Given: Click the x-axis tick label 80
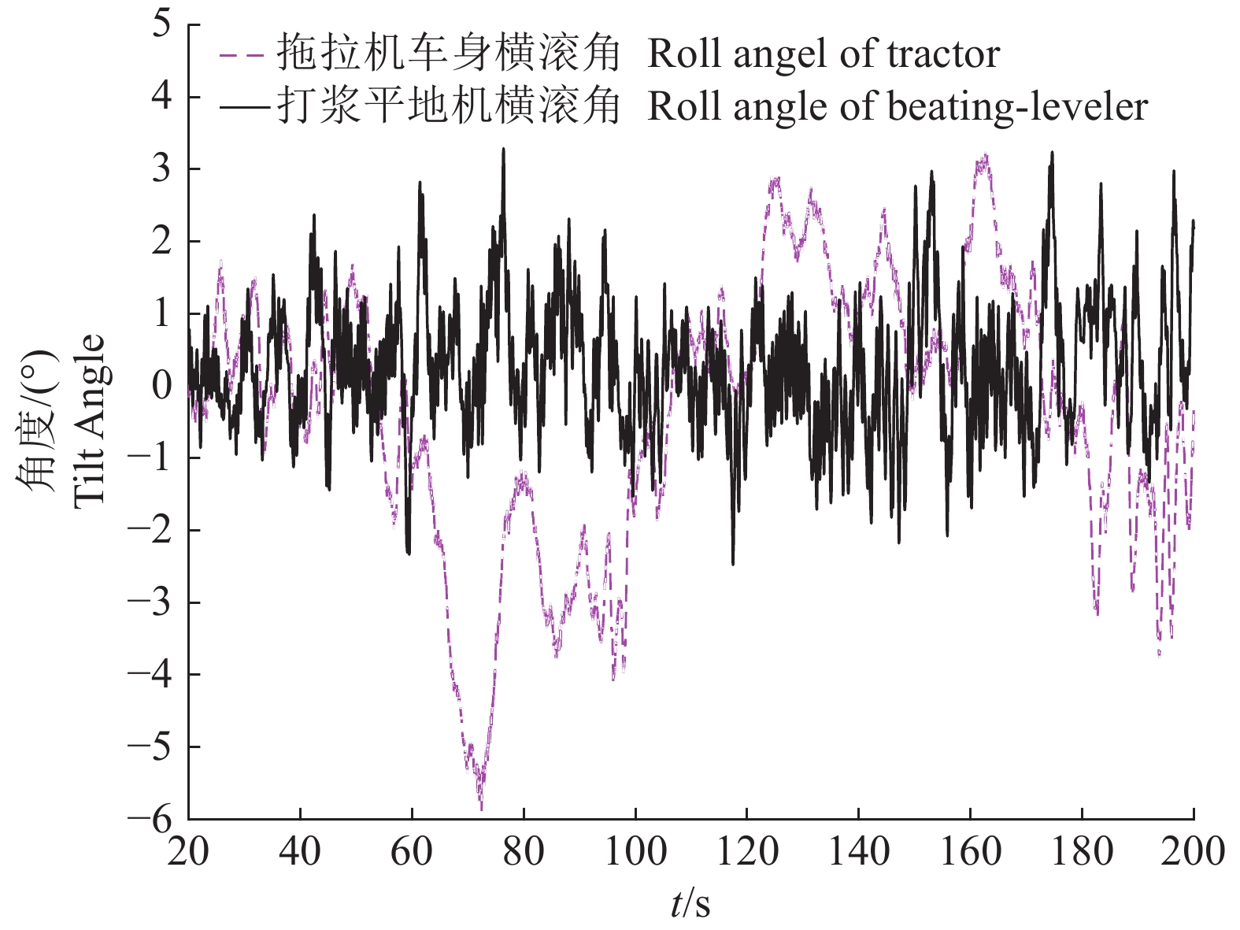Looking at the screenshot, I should [x=524, y=852].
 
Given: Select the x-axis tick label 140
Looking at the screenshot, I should [x=859, y=852].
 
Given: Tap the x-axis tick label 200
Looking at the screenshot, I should [x=1193, y=852].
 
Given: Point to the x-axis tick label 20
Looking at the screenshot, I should [x=188, y=852].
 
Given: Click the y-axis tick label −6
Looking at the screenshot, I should [x=150, y=819].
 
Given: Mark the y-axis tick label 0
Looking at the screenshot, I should [x=161, y=385].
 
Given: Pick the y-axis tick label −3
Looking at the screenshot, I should [x=150, y=602].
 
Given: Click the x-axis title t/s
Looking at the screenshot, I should [x=690, y=904].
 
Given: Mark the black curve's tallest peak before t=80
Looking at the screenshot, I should [x=503, y=150].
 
